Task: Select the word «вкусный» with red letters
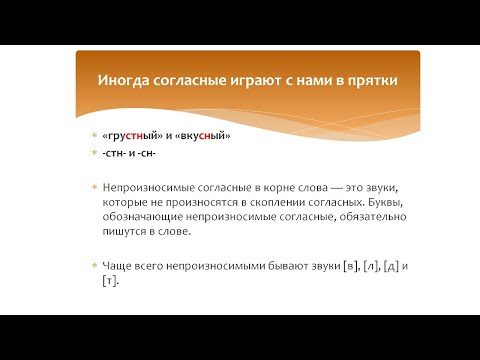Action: [x=197, y=136]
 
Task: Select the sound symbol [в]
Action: [x=349, y=266]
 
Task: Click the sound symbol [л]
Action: [x=371, y=266]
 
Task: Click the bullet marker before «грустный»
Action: [x=94, y=137]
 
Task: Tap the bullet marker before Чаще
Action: [x=94, y=267]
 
